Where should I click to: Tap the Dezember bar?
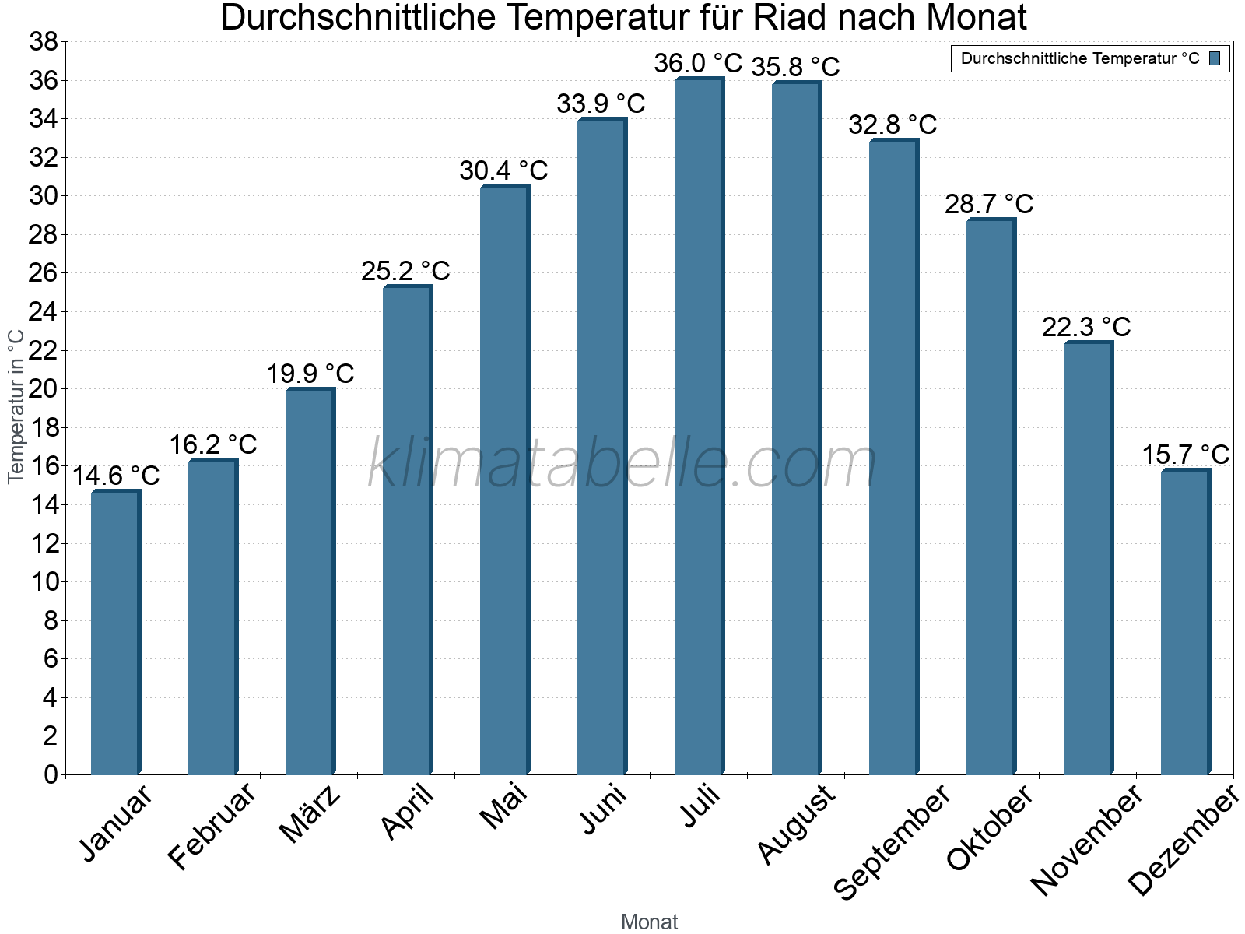1184,623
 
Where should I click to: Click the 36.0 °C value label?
698,63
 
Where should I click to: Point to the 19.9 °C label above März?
310,374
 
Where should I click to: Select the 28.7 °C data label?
989,204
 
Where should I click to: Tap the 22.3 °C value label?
1086,327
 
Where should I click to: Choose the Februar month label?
212,825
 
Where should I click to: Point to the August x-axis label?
796,824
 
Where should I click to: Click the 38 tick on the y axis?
44,42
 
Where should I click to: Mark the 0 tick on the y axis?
51,774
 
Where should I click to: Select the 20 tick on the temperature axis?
44,389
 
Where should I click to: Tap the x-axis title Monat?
649,922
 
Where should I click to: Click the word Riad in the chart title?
787,17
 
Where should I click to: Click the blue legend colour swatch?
1215,58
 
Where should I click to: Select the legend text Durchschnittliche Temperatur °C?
1080,58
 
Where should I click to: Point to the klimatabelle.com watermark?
622,463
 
